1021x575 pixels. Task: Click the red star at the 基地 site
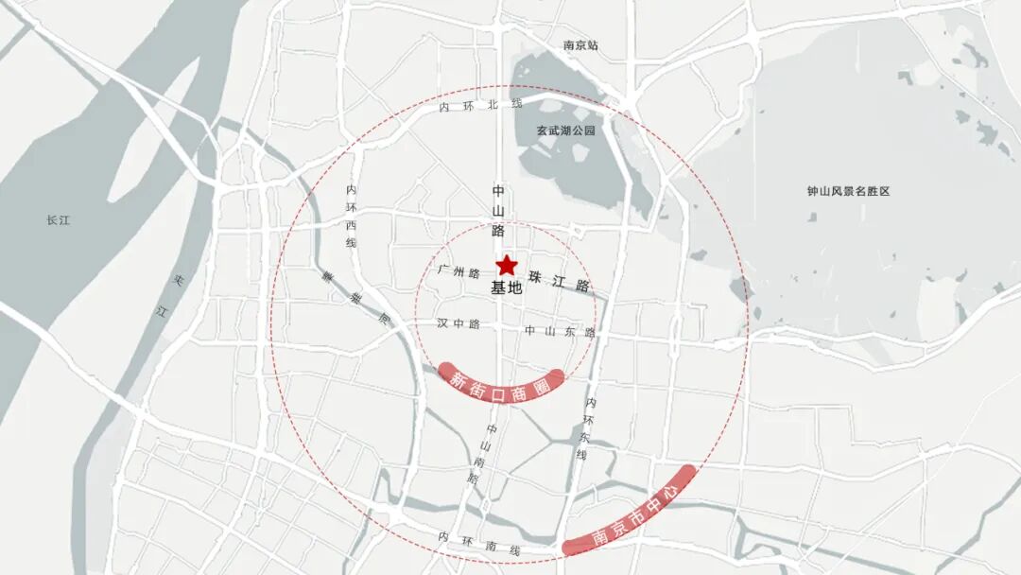click(x=507, y=266)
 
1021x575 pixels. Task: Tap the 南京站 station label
click(x=580, y=45)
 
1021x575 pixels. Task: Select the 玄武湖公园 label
click(x=566, y=131)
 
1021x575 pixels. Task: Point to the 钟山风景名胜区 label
click(x=849, y=191)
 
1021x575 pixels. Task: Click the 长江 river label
click(x=59, y=220)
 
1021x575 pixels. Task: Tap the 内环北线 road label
click(x=481, y=106)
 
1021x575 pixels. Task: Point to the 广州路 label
click(x=459, y=271)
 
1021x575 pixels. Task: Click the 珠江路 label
click(x=560, y=283)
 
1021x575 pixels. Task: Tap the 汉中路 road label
click(x=459, y=323)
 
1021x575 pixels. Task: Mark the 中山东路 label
click(x=561, y=332)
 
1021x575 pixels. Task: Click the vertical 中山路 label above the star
click(x=499, y=210)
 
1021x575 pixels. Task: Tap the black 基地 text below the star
click(x=507, y=289)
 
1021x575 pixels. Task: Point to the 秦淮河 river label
click(x=355, y=294)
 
